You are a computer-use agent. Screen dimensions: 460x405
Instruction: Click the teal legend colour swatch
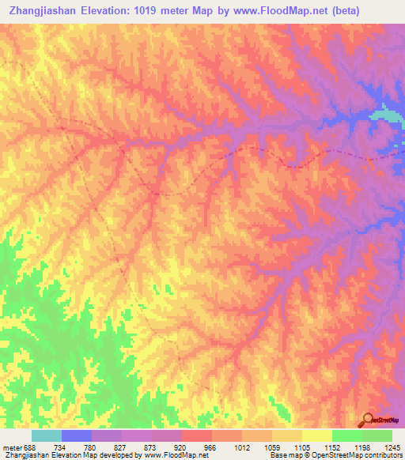(47, 435)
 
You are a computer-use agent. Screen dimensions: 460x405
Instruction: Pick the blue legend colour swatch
(77, 435)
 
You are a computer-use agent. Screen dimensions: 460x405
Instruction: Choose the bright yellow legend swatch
(316, 435)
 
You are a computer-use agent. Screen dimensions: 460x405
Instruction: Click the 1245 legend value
(392, 447)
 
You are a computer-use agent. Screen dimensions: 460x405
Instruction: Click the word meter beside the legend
(11, 447)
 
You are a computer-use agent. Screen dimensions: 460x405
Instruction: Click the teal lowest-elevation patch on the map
(386, 115)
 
